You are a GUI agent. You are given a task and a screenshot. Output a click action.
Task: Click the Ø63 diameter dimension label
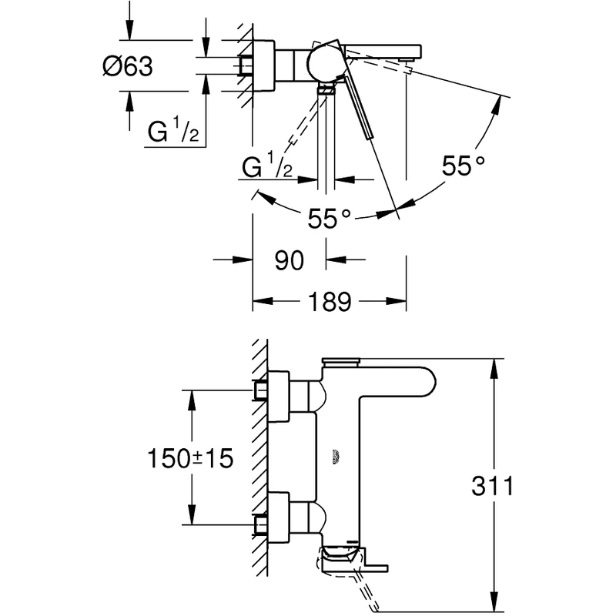[x=127, y=67]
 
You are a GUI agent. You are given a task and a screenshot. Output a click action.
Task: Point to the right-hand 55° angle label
[x=464, y=164]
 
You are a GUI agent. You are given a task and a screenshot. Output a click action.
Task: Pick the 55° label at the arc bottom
[x=329, y=219]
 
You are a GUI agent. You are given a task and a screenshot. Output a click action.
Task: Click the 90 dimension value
[x=290, y=260]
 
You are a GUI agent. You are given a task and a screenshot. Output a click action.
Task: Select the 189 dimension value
[x=329, y=301]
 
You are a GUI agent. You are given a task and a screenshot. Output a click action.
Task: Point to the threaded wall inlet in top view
[x=246, y=65]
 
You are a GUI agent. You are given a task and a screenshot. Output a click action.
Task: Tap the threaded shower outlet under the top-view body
[x=328, y=91]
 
